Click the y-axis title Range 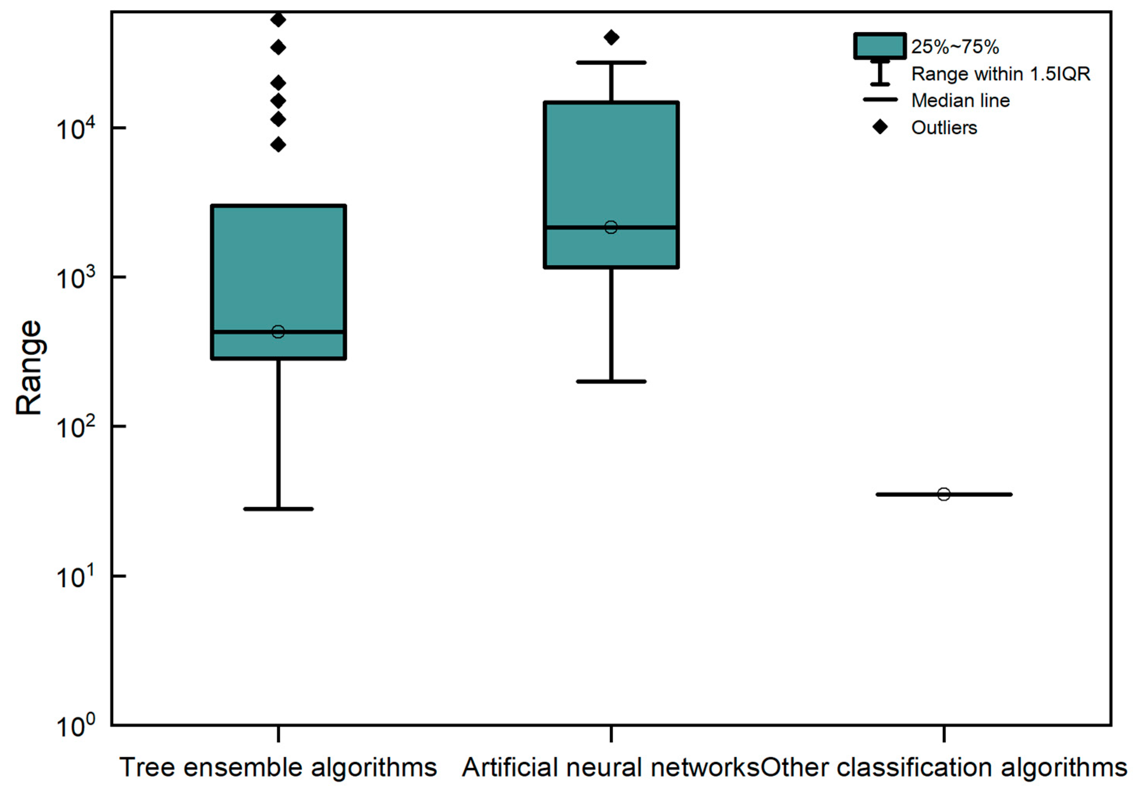(28, 367)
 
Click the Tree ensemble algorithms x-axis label (278, 767)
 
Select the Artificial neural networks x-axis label (611, 767)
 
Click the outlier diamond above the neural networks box (611, 37)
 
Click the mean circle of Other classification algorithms (944, 494)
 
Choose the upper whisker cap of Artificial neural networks (611, 63)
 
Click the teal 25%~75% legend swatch (879, 46)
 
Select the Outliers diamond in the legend (880, 127)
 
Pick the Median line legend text (960, 101)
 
